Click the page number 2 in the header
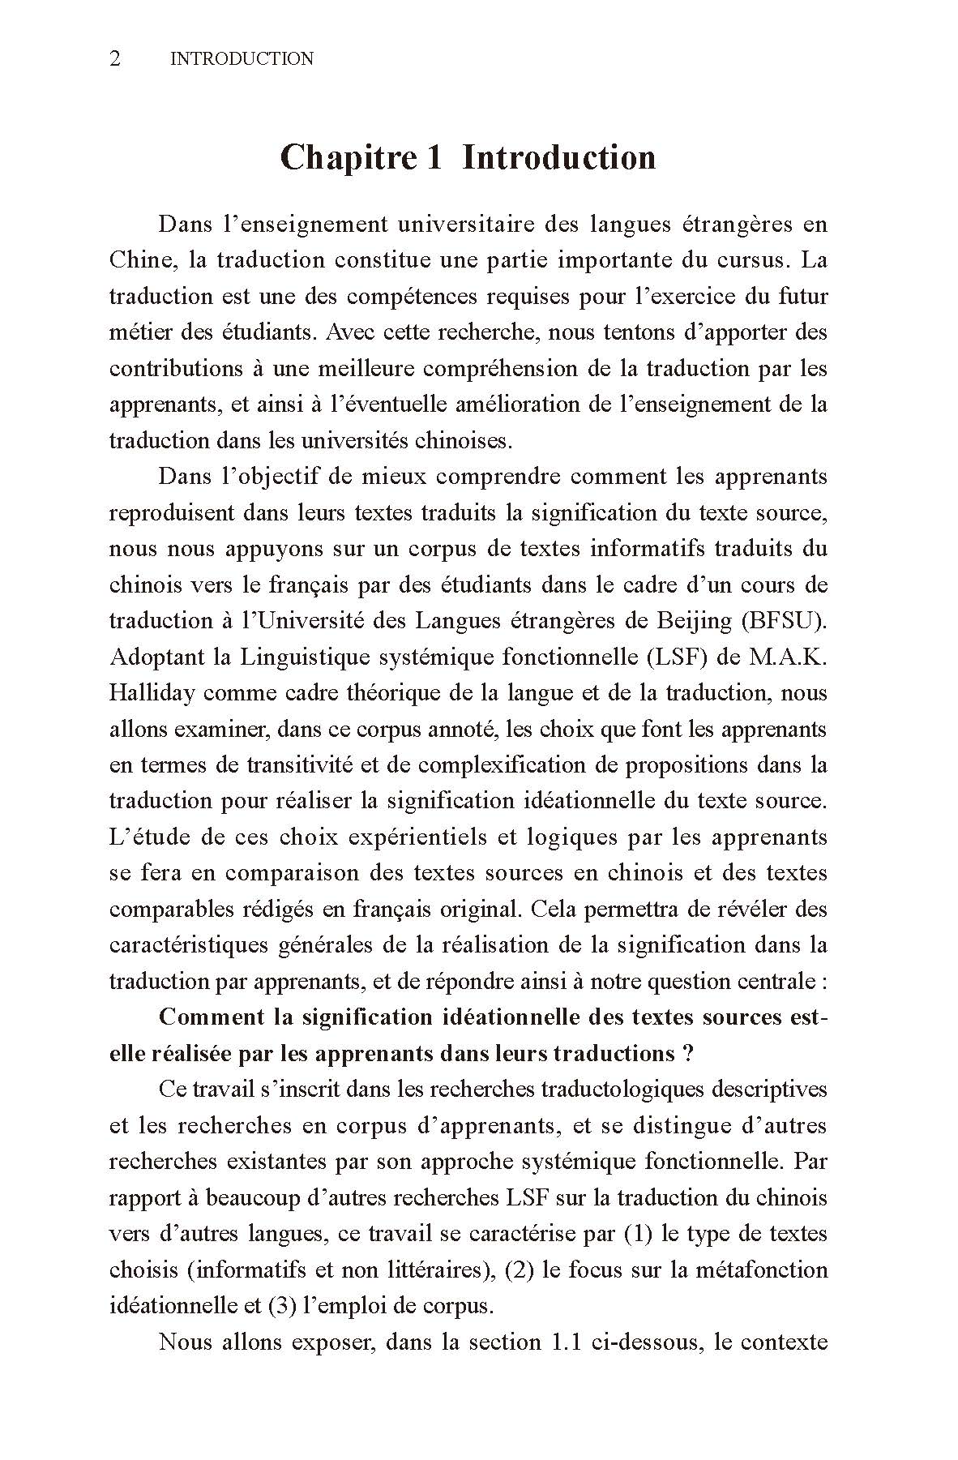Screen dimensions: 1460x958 click(x=115, y=58)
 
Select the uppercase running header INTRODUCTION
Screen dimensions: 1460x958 click(x=242, y=58)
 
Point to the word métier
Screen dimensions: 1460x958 click(x=138, y=332)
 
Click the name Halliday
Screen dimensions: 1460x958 click(x=152, y=692)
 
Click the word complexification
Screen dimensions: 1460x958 click(x=495, y=764)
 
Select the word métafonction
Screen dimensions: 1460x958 click(x=759, y=1269)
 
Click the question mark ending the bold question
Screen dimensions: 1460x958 click(x=688, y=1053)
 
